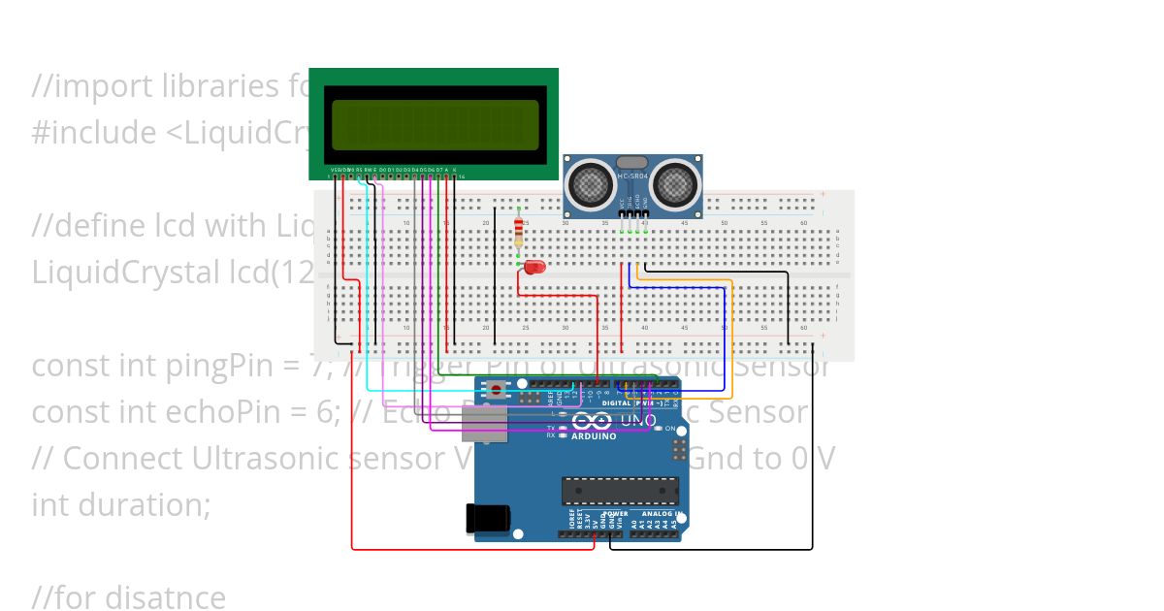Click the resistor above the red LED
[519, 233]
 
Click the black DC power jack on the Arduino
[487, 518]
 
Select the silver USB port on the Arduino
[484, 424]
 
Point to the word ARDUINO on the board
[594, 436]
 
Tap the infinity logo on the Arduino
[591, 421]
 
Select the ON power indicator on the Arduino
[670, 428]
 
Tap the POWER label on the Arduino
[616, 514]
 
